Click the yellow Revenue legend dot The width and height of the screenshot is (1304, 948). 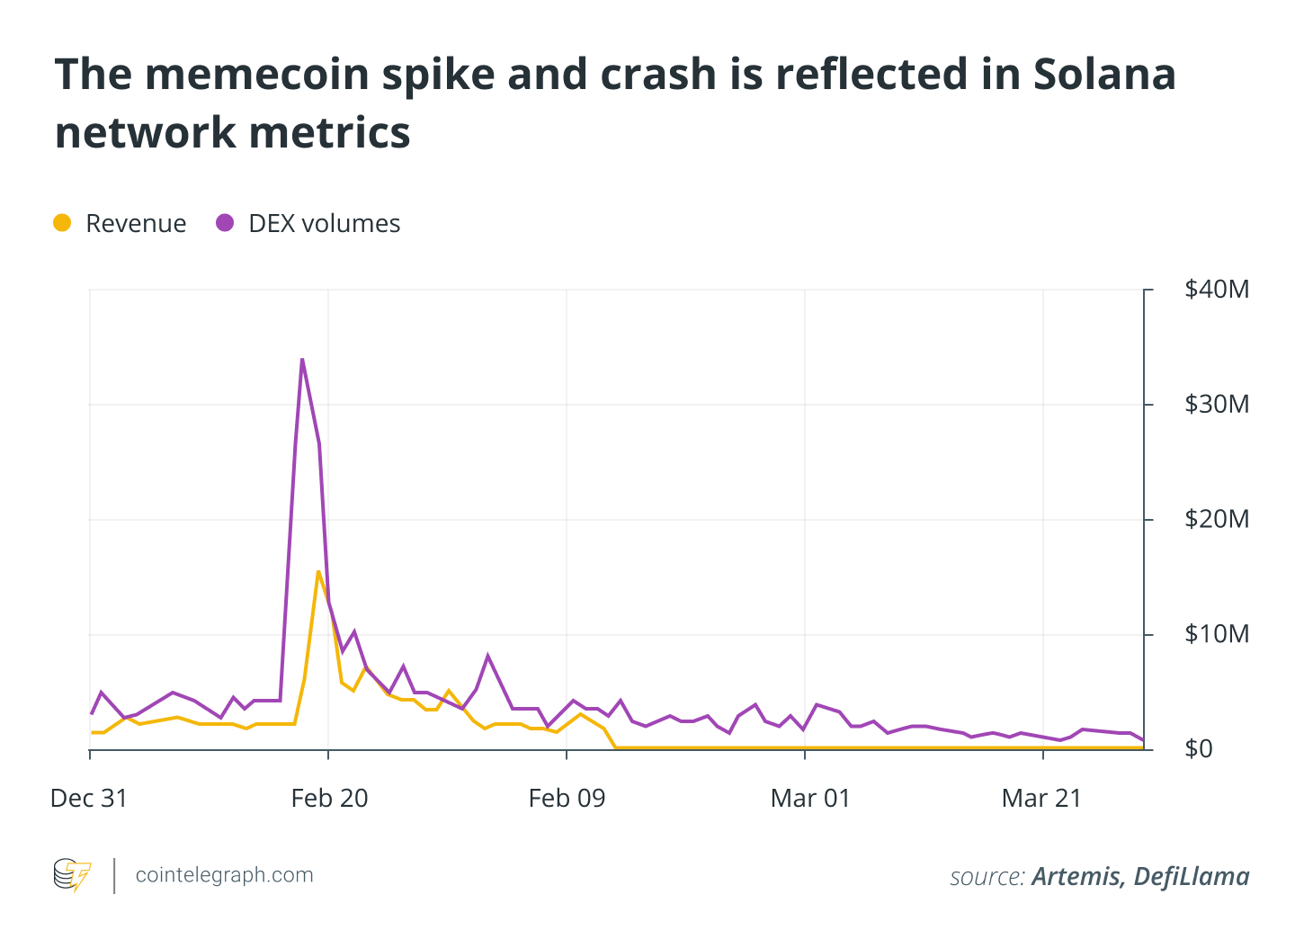tap(62, 223)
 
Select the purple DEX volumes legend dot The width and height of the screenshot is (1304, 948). tap(225, 223)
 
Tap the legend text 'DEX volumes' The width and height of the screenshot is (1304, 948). tap(324, 223)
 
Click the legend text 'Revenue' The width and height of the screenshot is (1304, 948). tap(136, 223)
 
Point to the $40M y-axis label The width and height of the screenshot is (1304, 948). tap(1216, 290)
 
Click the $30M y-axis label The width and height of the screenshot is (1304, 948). tap(1216, 405)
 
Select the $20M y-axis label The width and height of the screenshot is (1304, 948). tap(1216, 520)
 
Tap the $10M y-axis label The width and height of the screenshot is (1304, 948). tap(1216, 635)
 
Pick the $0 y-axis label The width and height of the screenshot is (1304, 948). tap(1198, 749)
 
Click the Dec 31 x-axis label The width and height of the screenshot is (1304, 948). tap(89, 799)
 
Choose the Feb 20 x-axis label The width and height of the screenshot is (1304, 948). tap(329, 799)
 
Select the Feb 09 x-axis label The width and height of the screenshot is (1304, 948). tap(567, 799)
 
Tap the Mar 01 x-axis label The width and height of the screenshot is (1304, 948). tap(809, 799)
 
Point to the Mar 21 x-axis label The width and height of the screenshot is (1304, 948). tap(1041, 799)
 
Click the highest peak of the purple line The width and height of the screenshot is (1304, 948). tap(302, 359)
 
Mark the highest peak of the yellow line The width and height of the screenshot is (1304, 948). tap(318, 571)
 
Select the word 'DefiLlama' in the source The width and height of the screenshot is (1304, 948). tap(1191, 876)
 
